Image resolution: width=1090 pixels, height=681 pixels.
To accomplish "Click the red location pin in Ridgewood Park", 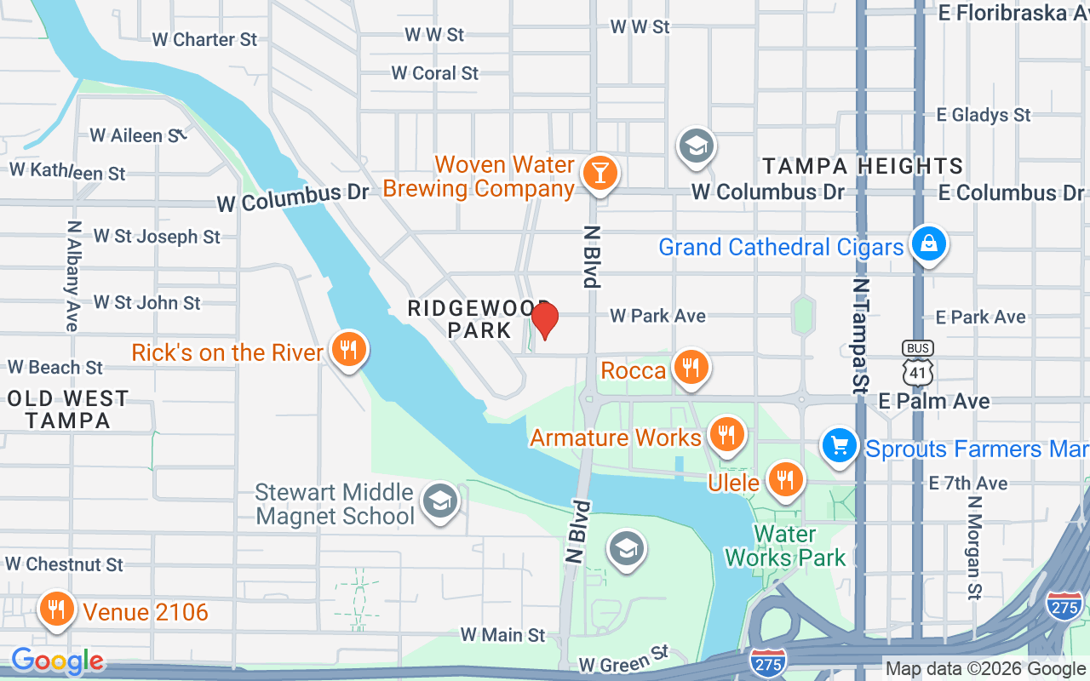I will pyautogui.click(x=544, y=320).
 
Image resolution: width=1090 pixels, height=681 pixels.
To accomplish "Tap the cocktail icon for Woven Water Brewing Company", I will pyautogui.click(x=599, y=173).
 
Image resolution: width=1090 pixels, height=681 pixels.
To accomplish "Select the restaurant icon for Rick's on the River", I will pyautogui.click(x=347, y=349).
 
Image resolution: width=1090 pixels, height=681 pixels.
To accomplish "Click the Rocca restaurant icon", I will pyautogui.click(x=691, y=368).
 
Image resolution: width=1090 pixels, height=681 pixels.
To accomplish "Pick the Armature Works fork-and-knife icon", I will pyautogui.click(x=726, y=435).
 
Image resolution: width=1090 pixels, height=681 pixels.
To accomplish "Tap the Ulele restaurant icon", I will pyautogui.click(x=784, y=479).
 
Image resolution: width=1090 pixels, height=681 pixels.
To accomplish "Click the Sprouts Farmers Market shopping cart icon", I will pyautogui.click(x=840, y=445).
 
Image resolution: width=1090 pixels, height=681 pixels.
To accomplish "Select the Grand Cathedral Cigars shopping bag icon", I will pyautogui.click(x=928, y=243).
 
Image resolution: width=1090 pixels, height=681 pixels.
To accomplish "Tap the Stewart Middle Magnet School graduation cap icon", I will pyautogui.click(x=440, y=501).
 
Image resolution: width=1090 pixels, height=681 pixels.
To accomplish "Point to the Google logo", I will pyautogui.click(x=58, y=661).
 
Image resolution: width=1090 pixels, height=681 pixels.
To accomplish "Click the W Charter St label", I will pyautogui.click(x=204, y=39).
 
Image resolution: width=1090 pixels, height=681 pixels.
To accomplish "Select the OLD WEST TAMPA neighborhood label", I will pyautogui.click(x=67, y=409).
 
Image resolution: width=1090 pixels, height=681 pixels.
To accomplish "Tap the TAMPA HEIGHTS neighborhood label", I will pyautogui.click(x=862, y=166).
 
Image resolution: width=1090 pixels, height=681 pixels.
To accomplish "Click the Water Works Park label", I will pyautogui.click(x=784, y=547).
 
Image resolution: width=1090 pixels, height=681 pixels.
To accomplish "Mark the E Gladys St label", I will pyautogui.click(x=983, y=115).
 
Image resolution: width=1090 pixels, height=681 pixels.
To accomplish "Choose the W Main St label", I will pyautogui.click(x=502, y=635).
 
